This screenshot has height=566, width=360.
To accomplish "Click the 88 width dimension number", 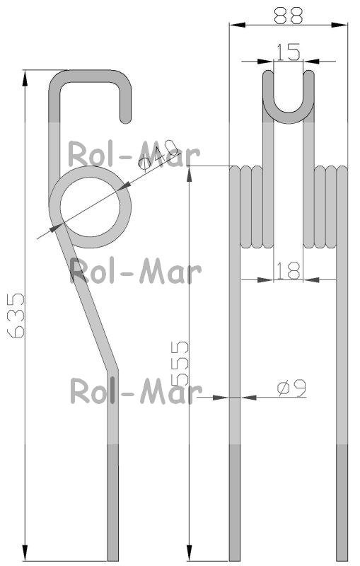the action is (288, 15).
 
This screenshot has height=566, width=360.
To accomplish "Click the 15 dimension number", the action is (289, 52).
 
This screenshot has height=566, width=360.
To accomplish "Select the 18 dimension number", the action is (289, 271).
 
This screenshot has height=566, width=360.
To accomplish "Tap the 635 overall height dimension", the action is (16, 316).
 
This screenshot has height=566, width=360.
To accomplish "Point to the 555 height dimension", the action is (180, 364).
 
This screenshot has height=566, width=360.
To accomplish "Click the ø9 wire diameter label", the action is (291, 388).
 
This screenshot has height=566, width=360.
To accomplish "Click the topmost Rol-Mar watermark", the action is (134, 155).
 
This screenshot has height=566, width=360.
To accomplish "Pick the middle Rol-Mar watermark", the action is (135, 270).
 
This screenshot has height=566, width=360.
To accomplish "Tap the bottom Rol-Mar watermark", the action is (136, 391).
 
